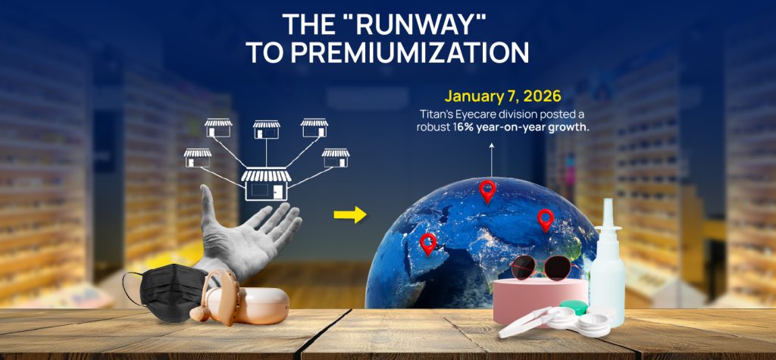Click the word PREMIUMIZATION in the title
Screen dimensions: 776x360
tap(410, 53)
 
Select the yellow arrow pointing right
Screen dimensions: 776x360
tap(350, 215)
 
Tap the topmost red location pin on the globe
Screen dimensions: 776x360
tap(487, 191)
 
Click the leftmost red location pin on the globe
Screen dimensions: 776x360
tap(427, 244)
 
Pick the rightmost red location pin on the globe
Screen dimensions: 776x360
tap(546, 220)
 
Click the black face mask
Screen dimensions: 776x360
tap(164, 292)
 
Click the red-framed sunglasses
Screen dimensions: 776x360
tap(544, 268)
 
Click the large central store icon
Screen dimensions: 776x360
tap(266, 185)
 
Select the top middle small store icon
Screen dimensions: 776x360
tap(266, 130)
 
